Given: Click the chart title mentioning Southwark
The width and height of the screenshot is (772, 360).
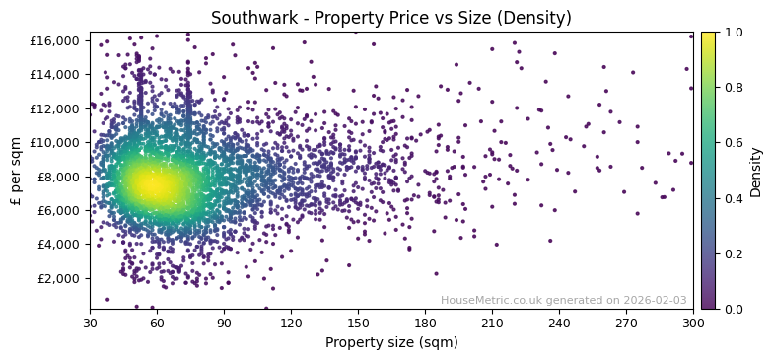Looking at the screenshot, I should (390, 18).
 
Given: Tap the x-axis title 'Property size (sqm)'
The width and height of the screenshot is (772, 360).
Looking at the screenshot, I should (390, 342).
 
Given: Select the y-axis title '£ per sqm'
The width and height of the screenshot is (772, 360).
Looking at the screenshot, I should (16, 171).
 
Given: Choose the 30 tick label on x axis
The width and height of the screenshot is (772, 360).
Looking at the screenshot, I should (90, 323).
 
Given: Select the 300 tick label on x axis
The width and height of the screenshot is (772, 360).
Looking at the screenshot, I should (693, 323).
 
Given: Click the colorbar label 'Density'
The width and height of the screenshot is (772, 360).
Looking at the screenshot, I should (756, 171).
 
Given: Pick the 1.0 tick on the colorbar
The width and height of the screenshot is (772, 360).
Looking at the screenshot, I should (734, 33).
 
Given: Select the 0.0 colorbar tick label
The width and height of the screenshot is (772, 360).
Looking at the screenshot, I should (734, 309).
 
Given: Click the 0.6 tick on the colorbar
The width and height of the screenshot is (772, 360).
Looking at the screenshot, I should (734, 143).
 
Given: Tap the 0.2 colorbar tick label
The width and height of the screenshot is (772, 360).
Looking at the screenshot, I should (734, 253).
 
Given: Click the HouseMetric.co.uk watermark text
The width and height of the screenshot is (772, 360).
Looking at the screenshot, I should (564, 300).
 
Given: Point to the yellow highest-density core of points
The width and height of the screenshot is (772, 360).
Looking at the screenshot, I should (150, 184).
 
